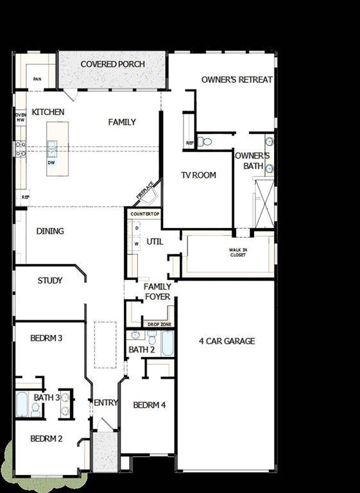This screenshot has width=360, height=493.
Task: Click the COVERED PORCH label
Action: [x=112, y=64]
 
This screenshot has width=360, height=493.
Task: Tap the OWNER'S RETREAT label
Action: [x=237, y=80]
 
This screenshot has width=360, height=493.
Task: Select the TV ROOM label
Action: [x=198, y=175]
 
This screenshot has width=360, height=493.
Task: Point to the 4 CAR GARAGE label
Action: [x=227, y=341]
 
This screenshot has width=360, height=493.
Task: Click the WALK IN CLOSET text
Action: [x=237, y=252]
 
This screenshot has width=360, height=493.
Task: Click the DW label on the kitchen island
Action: [x=51, y=162]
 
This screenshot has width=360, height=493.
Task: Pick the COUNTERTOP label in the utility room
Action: [x=145, y=213]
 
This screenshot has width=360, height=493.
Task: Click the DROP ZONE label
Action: [x=158, y=325]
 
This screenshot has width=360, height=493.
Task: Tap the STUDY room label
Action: [x=50, y=281]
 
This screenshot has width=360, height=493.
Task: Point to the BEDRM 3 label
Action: [x=46, y=338]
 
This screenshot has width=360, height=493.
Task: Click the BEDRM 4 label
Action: [x=150, y=405]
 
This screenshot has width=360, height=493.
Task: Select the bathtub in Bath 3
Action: [x=21, y=404]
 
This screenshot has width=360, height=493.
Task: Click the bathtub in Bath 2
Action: [x=167, y=343]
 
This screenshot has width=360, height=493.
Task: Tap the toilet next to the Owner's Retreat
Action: [x=205, y=142]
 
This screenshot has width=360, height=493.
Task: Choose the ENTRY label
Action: [x=105, y=402]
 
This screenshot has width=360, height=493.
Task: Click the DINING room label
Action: [x=50, y=231]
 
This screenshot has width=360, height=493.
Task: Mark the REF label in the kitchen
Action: [x=25, y=197]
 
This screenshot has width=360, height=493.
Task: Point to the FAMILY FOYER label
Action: [x=157, y=291]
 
